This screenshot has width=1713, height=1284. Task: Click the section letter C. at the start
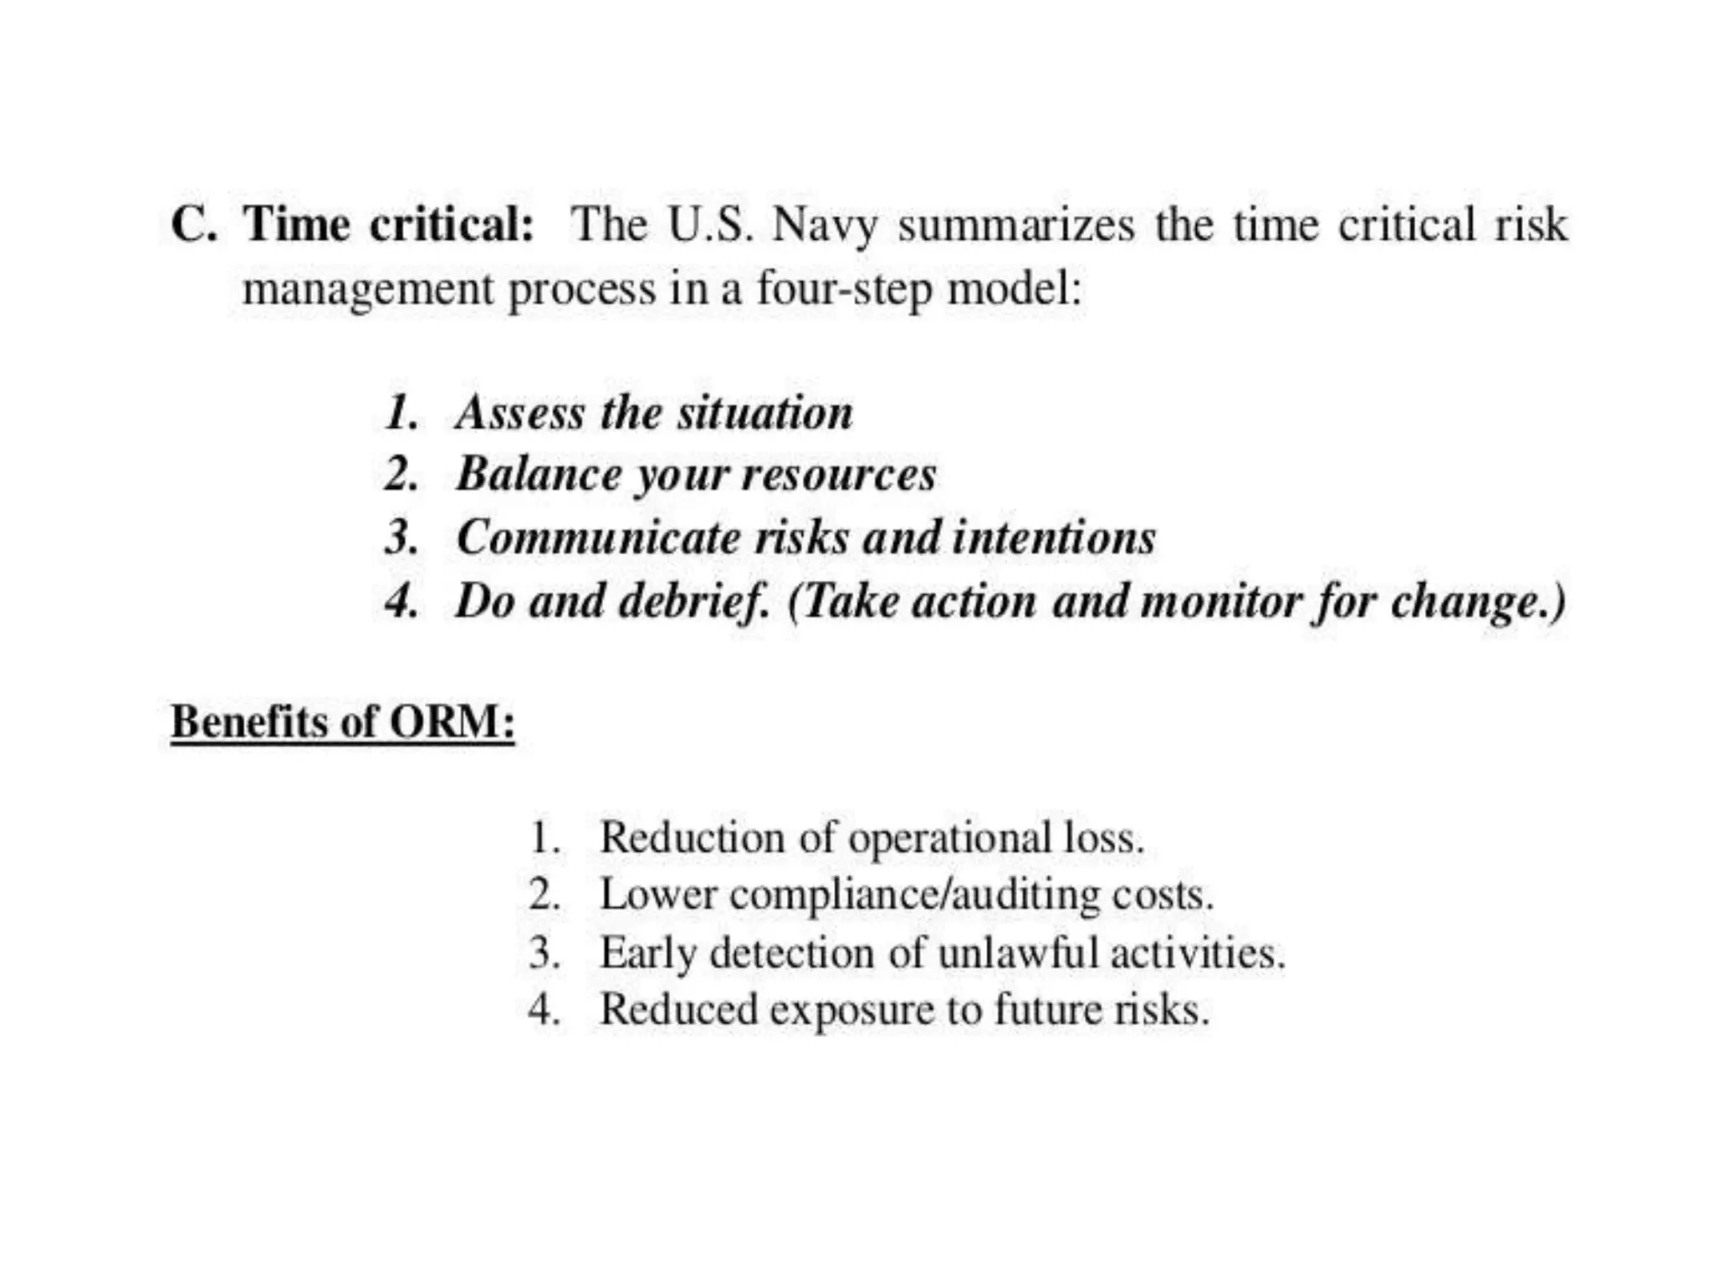[193, 225]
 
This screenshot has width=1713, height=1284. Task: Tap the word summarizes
[1016, 225]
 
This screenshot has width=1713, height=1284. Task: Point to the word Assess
[519, 413]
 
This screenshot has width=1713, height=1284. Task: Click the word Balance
[539, 474]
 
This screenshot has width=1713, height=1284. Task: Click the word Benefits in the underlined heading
[248, 721]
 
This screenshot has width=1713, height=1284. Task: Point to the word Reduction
[692, 838]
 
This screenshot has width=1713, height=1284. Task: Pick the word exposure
[851, 1011]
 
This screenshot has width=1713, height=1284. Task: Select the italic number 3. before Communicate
[401, 537]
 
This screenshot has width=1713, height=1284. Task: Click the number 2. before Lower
[545, 895]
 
